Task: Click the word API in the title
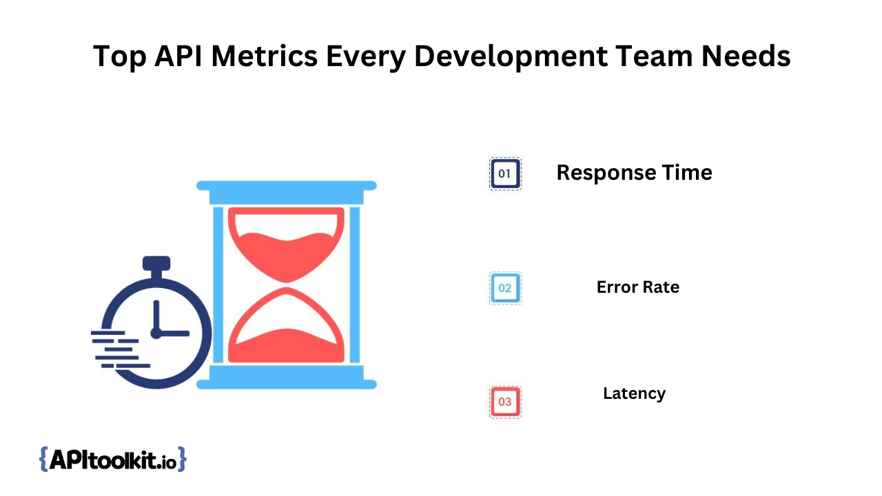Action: coord(178,56)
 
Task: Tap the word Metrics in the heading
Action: coord(264,56)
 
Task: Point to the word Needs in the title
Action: coord(746,56)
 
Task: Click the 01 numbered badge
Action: coord(505,174)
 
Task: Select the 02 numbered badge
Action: coord(505,288)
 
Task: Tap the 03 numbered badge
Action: coord(505,402)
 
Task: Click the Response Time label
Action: coord(635,173)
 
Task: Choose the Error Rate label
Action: coord(638,287)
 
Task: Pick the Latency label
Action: coord(635,393)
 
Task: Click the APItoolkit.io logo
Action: coord(112,459)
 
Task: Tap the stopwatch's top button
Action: coord(156,263)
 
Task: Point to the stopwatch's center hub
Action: coord(156,333)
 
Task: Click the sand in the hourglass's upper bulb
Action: coord(286,256)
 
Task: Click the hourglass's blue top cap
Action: coord(286,192)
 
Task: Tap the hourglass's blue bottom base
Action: coord(286,377)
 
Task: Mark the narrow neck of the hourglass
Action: coord(286,285)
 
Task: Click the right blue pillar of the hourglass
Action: coord(354,285)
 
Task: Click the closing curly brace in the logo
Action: coord(181,459)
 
